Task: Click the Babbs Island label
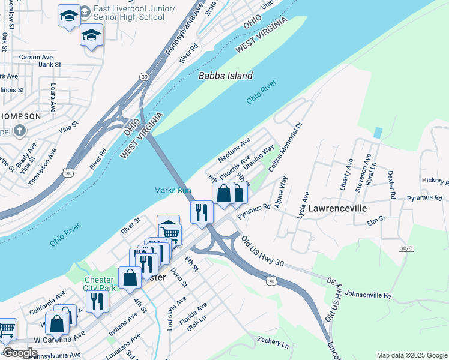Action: [x=226, y=76]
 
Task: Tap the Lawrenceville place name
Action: [x=339, y=208]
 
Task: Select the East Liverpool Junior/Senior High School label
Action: [x=128, y=13]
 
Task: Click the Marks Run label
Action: [x=172, y=190]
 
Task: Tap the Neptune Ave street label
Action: [x=234, y=151]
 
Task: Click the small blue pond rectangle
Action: [x=377, y=132]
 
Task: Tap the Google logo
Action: [x=19, y=353]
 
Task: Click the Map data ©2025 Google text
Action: [x=411, y=355]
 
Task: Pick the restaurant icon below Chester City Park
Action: [x=97, y=302]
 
